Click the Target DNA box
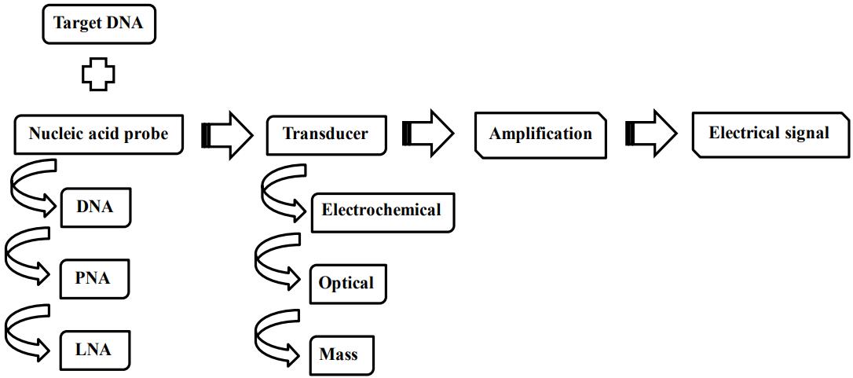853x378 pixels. tap(98, 23)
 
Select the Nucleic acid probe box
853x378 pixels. tap(98, 134)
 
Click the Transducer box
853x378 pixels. tap(325, 134)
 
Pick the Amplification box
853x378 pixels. tap(540, 134)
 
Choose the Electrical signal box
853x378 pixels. tap(769, 134)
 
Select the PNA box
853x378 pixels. tap(93, 279)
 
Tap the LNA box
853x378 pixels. tap(94, 350)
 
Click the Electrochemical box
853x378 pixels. tap(382, 211)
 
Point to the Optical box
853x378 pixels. tap(347, 283)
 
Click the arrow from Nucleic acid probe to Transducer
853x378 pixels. tap(227, 135)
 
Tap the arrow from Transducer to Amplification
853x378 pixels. tap(428, 134)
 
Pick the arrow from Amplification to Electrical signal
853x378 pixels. tap(651, 134)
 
